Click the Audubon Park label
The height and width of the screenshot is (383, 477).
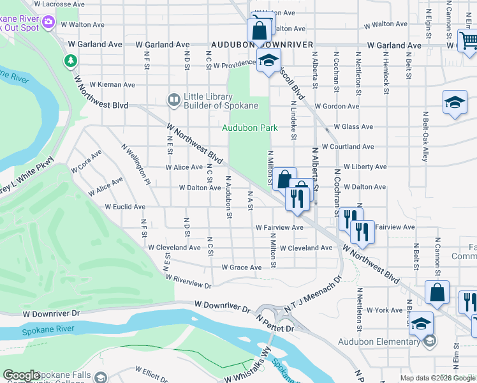tap(250, 128)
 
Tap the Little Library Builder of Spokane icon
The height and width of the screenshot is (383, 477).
tap(173, 100)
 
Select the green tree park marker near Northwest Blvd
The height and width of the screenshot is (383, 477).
tap(70, 61)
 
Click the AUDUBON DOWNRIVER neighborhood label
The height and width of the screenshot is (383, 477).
tap(261, 45)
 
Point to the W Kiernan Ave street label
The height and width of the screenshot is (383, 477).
tap(112, 84)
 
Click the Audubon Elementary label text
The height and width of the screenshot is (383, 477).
tap(379, 342)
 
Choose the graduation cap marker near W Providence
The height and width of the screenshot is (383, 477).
tap(268, 62)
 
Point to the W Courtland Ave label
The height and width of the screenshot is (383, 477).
tap(348, 147)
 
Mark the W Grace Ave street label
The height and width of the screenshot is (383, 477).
tap(242, 267)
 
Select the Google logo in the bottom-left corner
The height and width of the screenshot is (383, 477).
tap(21, 375)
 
